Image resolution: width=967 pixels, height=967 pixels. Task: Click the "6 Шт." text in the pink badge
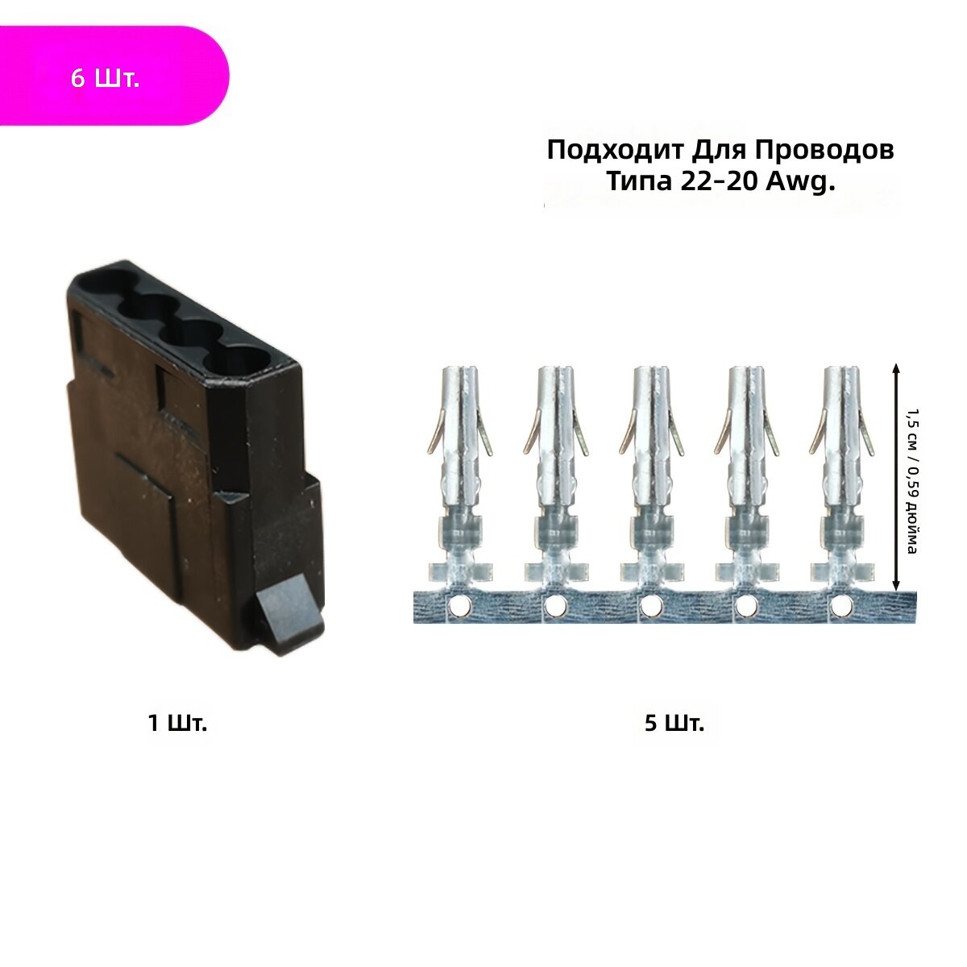tap(105, 78)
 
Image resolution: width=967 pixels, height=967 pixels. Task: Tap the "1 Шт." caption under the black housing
tap(177, 723)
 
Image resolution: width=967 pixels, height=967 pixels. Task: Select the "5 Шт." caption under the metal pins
tap(674, 723)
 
